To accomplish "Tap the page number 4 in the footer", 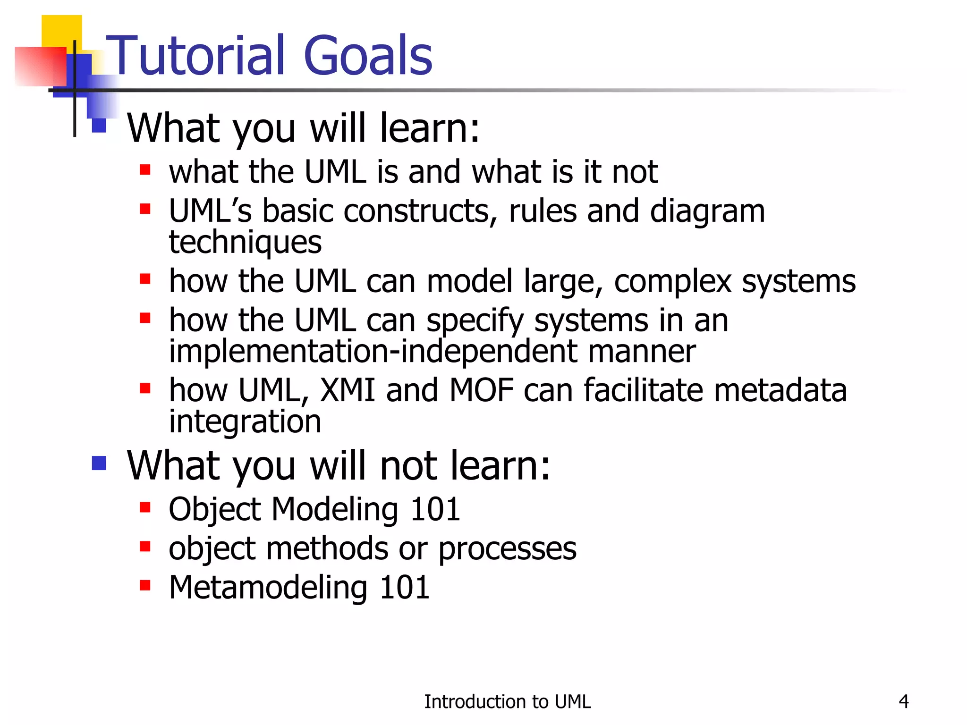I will tap(903, 701).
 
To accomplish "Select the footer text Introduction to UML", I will tap(507, 702).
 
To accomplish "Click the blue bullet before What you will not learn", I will tap(99, 463).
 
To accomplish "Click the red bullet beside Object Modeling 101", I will tap(145, 507).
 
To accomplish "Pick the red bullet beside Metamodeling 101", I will tap(145, 585).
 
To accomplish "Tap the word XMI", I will tap(347, 390).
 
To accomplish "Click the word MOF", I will tap(481, 390).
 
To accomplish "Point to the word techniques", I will tap(245, 243).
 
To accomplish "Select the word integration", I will tap(245, 422).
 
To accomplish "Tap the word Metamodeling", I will tap(268, 588).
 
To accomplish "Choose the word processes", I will tap(507, 549).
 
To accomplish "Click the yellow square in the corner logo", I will tap(61, 31).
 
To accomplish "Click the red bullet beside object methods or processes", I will tap(145, 547).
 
